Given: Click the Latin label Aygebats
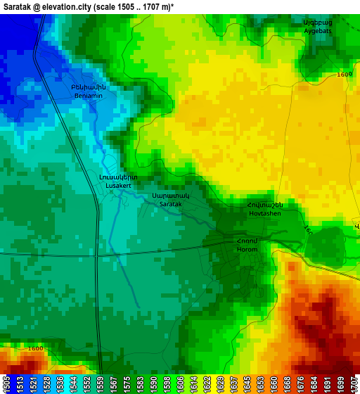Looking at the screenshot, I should [317, 31].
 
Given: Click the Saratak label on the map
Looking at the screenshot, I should [171, 203].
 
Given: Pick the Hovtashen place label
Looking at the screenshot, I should [265, 213].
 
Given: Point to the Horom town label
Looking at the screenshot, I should [247, 250].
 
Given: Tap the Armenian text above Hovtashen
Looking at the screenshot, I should [265, 205].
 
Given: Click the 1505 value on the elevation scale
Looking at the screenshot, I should [6, 384].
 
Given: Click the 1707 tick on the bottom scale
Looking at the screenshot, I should [354, 384].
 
